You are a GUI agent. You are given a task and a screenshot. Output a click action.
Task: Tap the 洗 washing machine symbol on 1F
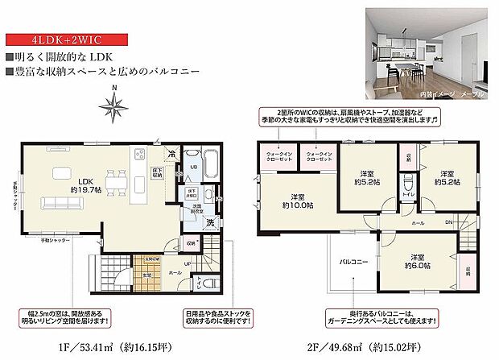tap(209, 222)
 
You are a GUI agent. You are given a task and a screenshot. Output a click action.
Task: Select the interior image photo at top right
tap(427, 49)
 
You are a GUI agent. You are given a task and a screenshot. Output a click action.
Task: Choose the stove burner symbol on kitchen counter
tap(142, 152)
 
